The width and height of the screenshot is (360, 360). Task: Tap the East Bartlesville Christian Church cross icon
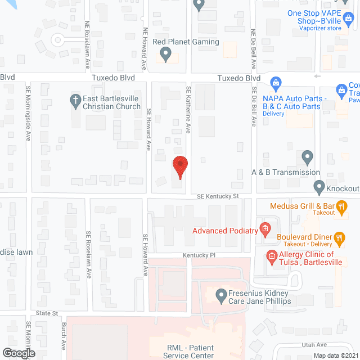[75, 100]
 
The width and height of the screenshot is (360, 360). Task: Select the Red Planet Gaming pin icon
[165, 54]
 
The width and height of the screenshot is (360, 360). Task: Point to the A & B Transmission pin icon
[307, 156]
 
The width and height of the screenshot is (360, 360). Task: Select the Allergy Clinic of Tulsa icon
[271, 258]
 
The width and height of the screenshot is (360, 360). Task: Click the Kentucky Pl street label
[199, 255]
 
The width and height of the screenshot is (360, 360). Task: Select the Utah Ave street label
[314, 344]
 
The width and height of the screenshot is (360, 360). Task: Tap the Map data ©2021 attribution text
[335, 355]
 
